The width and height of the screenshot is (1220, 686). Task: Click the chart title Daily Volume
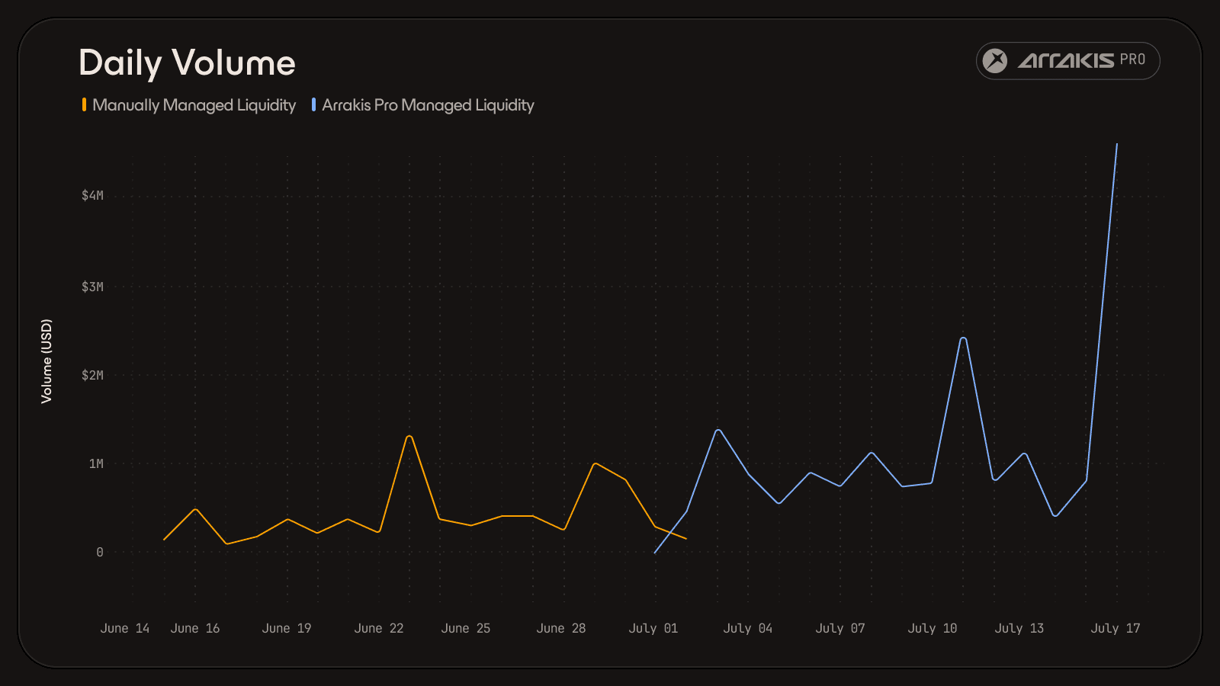pyautogui.click(x=187, y=63)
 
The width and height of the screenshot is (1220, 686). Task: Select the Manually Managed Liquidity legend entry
pyautogui.click(x=189, y=105)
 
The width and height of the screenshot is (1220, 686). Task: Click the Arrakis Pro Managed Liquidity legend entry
pyautogui.click(x=422, y=105)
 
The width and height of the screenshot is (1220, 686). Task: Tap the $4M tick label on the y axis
pyautogui.click(x=92, y=195)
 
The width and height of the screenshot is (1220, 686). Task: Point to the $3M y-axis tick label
pyautogui.click(x=92, y=287)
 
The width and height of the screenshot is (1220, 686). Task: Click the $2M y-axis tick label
pyautogui.click(x=92, y=375)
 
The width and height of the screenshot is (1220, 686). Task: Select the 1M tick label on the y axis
pyautogui.click(x=96, y=464)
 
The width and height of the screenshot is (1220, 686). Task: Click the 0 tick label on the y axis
pyautogui.click(x=100, y=553)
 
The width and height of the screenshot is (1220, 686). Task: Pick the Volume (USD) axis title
pyautogui.click(x=47, y=361)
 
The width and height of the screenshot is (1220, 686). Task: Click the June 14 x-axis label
pyautogui.click(x=125, y=628)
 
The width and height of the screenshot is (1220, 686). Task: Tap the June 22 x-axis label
pyautogui.click(x=379, y=628)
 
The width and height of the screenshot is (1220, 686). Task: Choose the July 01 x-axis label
pyautogui.click(x=653, y=628)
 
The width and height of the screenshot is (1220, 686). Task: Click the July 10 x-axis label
pyautogui.click(x=933, y=628)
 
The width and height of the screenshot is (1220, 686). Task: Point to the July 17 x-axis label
pyautogui.click(x=1116, y=628)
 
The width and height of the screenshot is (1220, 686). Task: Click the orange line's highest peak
pyautogui.click(x=409, y=437)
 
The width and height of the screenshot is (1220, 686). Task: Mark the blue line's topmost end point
pyautogui.click(x=1117, y=144)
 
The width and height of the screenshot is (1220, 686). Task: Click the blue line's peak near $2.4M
pyautogui.click(x=964, y=338)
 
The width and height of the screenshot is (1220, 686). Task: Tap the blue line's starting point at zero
pyautogui.click(x=655, y=553)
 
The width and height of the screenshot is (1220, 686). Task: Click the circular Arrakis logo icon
pyautogui.click(x=994, y=61)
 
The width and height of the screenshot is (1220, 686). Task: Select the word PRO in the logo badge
pyautogui.click(x=1133, y=60)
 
